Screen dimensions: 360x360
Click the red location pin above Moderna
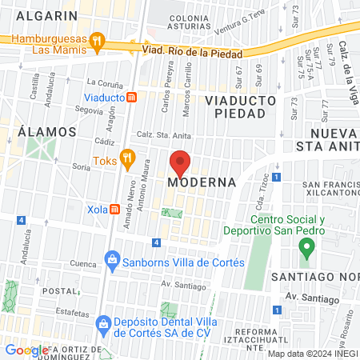pyautogui.click(x=181, y=163)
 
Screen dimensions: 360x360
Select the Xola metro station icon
pyautogui.click(x=115, y=210)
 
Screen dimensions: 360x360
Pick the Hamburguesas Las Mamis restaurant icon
pyautogui.click(x=97, y=40)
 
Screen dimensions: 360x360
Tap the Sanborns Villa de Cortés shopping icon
pyautogui.click(x=114, y=259)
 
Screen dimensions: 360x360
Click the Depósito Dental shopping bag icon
pyautogui.click(x=103, y=323)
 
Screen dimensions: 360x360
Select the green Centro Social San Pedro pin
pyautogui.click(x=305, y=249)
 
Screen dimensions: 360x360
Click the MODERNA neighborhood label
pyautogui.click(x=202, y=182)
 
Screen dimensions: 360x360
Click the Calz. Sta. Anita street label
pyautogui.click(x=165, y=135)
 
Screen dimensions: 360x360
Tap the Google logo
pyautogui.click(x=26, y=350)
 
